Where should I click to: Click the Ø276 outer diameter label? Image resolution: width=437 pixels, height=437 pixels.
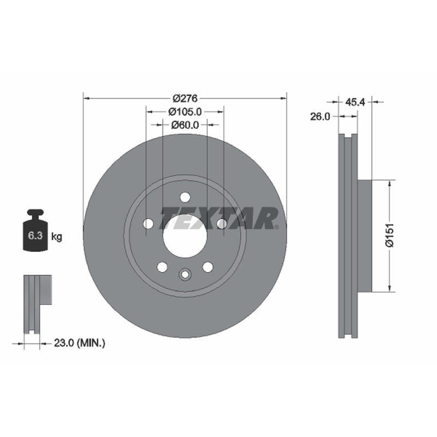click(185, 98)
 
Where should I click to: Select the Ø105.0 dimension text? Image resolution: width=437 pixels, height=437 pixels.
click(185, 112)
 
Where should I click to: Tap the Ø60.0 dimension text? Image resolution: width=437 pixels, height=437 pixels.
click(185, 125)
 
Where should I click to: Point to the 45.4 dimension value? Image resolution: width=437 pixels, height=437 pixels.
click(355, 102)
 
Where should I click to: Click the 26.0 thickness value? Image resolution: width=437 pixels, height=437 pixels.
click(320, 116)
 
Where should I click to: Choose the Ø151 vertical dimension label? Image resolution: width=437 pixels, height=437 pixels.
click(389, 235)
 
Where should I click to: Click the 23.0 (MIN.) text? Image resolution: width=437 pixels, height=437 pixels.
click(80, 343)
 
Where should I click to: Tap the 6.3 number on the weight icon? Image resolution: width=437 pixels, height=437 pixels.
click(35, 235)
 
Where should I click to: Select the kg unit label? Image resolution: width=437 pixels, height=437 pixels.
click(57, 237)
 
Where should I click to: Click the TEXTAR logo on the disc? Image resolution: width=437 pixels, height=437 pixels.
click(219, 218)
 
